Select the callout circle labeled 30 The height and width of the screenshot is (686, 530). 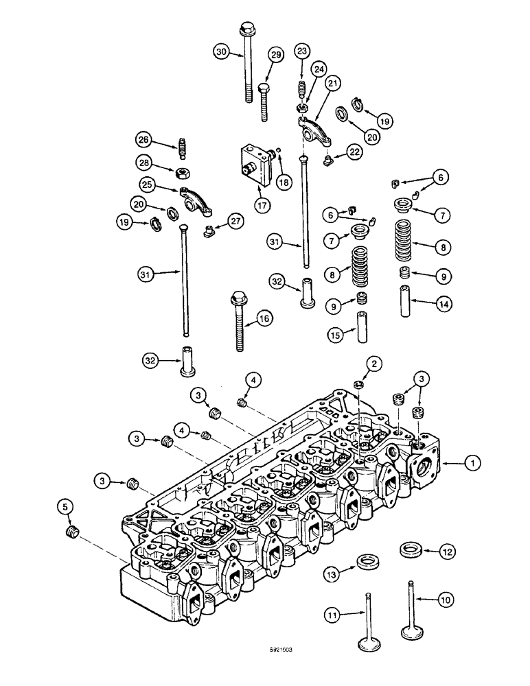(220, 52)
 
